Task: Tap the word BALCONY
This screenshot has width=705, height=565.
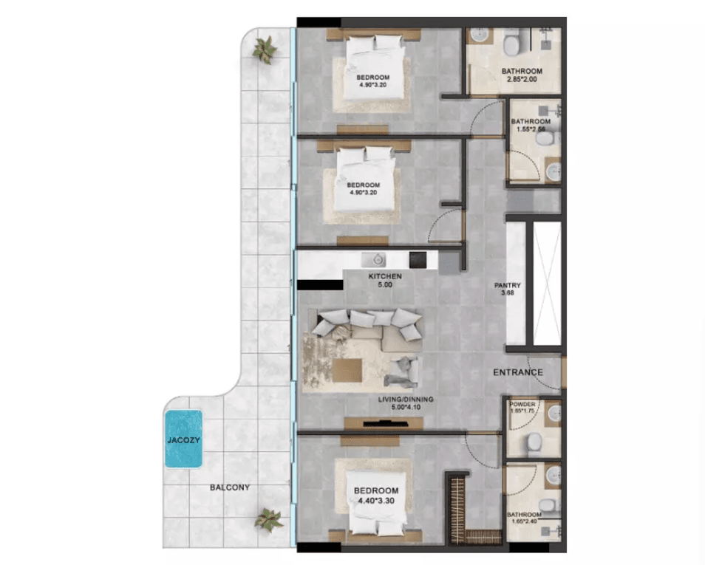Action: pos(229,487)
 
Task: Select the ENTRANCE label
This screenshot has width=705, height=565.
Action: pos(518,373)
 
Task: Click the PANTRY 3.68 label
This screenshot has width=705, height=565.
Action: pos(508,290)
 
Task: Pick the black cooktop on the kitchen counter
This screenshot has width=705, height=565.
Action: pos(418,260)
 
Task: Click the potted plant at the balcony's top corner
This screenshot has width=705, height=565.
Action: pos(263,49)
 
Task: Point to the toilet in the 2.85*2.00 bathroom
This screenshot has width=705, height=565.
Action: pos(512,47)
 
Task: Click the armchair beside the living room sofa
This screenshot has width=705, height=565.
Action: pos(402,370)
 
